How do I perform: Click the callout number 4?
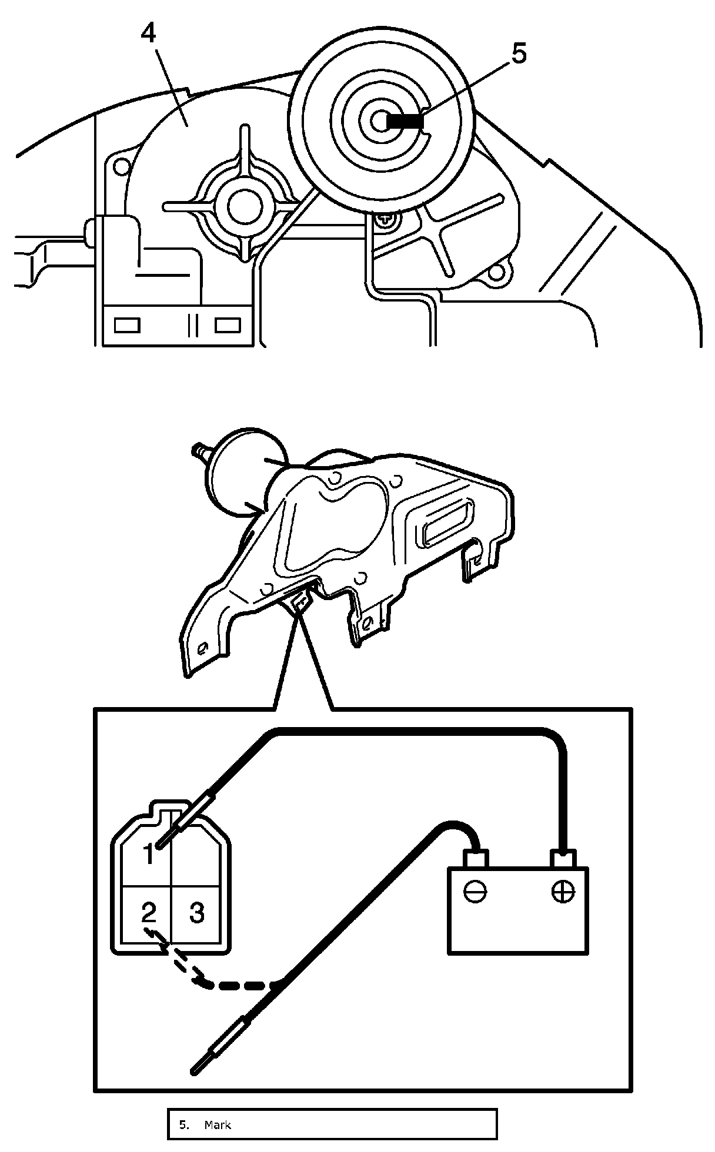tap(149, 34)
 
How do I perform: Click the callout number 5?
tap(518, 54)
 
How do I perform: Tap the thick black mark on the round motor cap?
tap(405, 122)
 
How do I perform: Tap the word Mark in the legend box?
tap(218, 1125)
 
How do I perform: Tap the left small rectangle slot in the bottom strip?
tap(127, 324)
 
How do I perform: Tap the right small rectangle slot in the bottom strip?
tap(228, 324)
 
